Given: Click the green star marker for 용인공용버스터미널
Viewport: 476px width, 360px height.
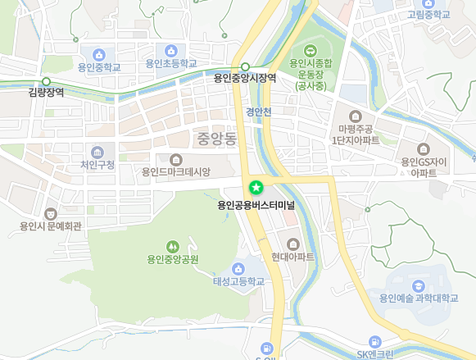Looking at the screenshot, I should point(255,188).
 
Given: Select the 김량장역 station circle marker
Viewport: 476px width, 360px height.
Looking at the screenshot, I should point(46,81).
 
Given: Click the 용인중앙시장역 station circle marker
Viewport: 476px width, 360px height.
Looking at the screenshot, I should point(245,66).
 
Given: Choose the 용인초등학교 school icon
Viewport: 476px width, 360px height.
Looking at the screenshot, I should point(171,51).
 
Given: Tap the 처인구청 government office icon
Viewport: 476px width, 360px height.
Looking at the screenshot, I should point(97,152).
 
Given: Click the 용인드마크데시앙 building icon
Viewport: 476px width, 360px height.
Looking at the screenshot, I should point(176,159).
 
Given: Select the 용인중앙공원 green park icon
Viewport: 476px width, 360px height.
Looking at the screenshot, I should point(173,246).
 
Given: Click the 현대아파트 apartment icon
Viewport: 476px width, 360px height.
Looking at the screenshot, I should point(293,244).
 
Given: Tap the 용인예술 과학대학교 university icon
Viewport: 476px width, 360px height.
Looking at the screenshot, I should point(419,285).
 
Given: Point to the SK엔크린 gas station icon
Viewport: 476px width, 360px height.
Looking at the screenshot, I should point(375,341).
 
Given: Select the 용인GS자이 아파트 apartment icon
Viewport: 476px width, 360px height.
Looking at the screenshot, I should point(423,149).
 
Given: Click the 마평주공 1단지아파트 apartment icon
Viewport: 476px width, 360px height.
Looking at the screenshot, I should point(356,116).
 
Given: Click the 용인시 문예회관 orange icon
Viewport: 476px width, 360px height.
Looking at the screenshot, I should point(52,213).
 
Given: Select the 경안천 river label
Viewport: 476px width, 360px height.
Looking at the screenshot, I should point(257,111).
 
